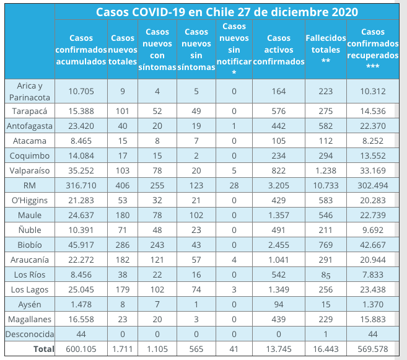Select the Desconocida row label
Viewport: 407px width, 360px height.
pos(28,334)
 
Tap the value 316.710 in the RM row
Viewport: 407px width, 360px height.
pos(81,185)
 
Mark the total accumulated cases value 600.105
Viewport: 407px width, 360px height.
pos(81,349)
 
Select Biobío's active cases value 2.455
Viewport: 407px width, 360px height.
pos(279,244)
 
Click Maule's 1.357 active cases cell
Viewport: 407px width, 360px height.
pos(279,214)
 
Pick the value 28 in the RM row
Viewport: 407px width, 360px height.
pos(234,185)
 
